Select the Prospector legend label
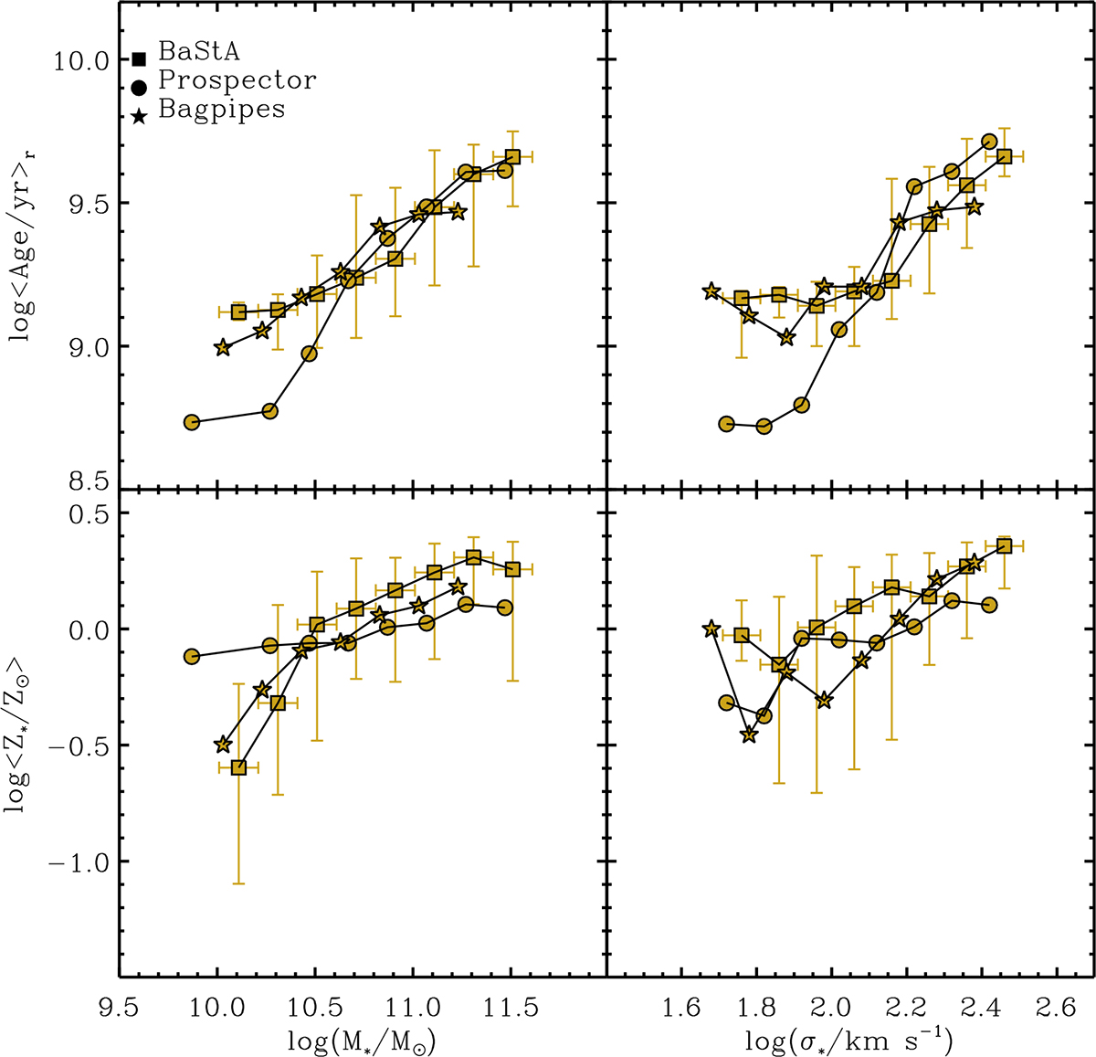pyautogui.click(x=237, y=80)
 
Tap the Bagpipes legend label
pyautogui.click(x=222, y=109)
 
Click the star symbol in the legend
pyautogui.click(x=140, y=115)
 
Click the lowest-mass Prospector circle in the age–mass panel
pyautogui.click(x=192, y=422)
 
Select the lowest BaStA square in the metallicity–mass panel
pyautogui.click(x=238, y=767)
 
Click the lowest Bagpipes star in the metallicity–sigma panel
pyautogui.click(x=749, y=735)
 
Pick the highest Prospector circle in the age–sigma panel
pyautogui.click(x=989, y=142)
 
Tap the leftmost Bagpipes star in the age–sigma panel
pyautogui.click(x=711, y=291)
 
